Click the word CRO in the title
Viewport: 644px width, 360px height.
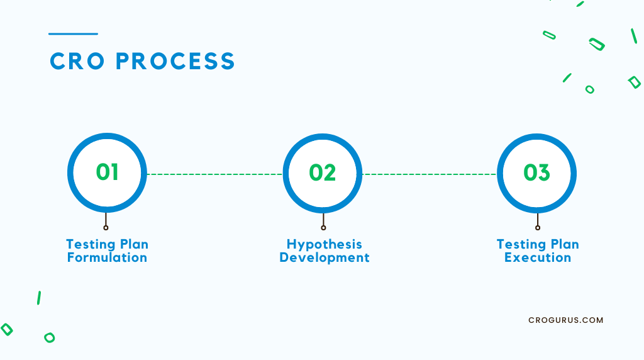click(77, 61)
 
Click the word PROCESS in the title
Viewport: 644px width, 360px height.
click(175, 61)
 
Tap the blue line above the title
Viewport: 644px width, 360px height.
click(73, 34)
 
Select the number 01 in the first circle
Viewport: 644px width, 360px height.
click(107, 172)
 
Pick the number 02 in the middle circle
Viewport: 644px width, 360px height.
click(323, 172)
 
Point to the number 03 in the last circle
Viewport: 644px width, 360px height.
click(537, 172)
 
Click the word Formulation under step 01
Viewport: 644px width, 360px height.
click(107, 257)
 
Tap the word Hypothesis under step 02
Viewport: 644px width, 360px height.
click(325, 245)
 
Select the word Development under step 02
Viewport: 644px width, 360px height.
click(325, 257)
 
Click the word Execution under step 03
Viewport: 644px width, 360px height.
click(538, 257)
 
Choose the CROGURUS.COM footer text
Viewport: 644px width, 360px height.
click(566, 320)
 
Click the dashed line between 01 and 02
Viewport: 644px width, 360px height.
click(215, 174)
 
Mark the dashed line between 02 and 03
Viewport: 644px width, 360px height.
click(430, 174)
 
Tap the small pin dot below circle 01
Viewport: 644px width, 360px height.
click(106, 228)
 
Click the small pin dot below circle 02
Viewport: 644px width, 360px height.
click(323, 228)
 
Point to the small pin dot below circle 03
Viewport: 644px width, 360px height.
click(538, 228)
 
